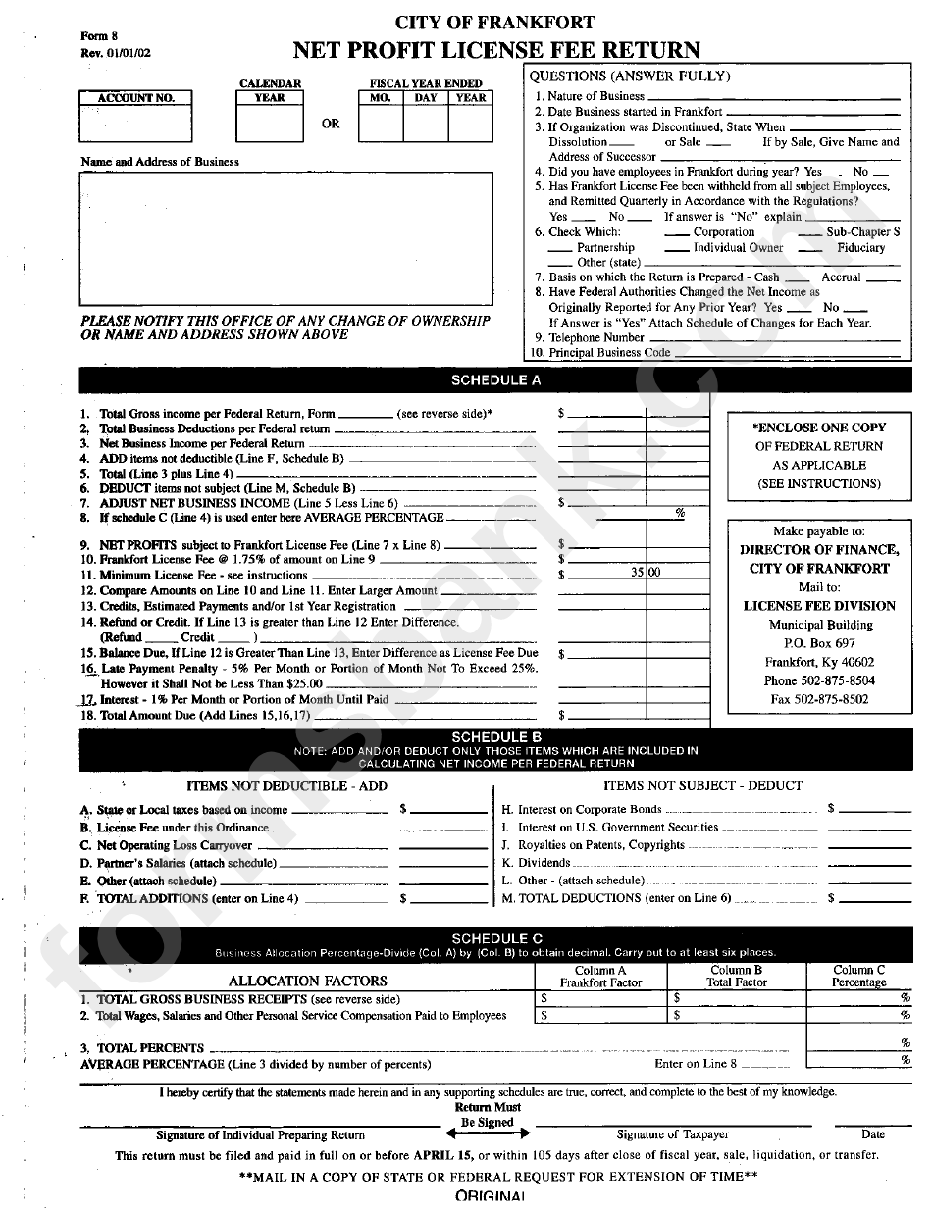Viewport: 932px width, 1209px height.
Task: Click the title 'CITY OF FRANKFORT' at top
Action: [x=494, y=23]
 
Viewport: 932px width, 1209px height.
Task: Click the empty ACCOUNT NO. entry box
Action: [x=136, y=123]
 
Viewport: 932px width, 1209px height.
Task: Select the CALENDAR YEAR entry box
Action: [x=270, y=123]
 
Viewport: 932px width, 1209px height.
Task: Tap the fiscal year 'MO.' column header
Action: [x=380, y=98]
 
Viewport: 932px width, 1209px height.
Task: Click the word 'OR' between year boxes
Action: [x=331, y=125]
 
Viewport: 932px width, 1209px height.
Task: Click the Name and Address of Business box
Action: [x=285, y=239]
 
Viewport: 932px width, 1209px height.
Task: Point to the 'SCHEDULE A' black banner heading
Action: [x=494, y=380]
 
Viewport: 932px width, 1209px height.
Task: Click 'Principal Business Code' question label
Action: [x=609, y=352]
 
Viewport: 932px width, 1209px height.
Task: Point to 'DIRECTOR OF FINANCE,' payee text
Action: [x=819, y=550]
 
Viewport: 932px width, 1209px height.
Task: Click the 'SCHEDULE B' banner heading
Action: [x=494, y=736]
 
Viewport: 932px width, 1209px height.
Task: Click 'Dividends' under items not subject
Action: [x=544, y=863]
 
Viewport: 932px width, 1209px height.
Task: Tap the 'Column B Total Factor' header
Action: [x=736, y=976]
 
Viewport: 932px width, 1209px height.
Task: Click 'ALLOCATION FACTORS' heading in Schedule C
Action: [x=307, y=981]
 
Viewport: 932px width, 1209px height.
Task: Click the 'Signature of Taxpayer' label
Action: [x=672, y=1134]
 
